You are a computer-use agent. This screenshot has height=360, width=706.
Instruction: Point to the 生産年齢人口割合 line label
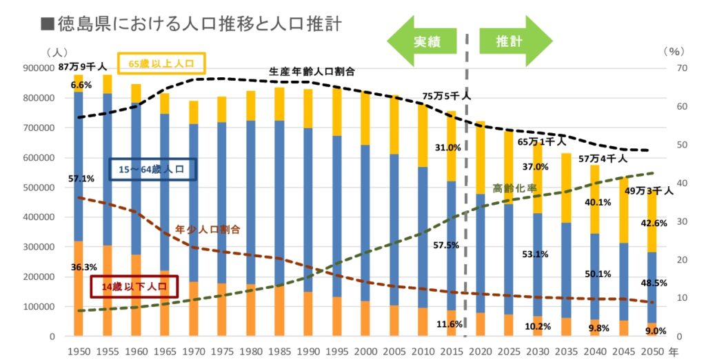click(x=312, y=71)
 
